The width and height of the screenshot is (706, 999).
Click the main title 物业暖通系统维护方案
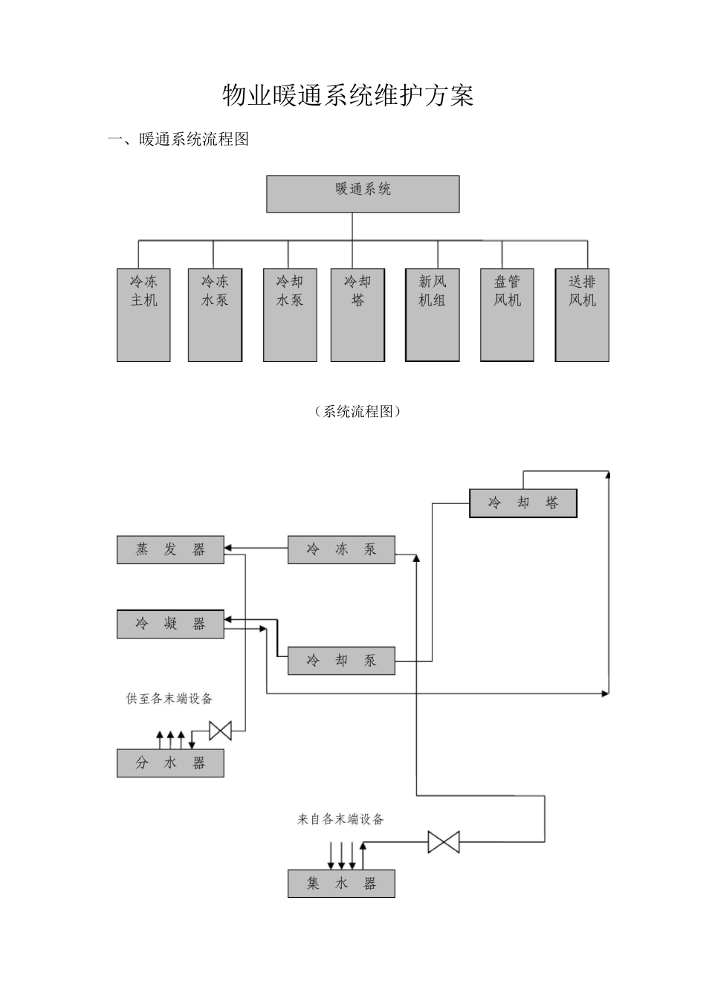348,96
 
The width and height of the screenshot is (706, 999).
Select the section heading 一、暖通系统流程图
178,139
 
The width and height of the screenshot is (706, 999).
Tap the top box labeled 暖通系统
363,193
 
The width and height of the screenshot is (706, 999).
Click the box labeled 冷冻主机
143,315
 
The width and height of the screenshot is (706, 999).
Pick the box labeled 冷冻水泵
215,315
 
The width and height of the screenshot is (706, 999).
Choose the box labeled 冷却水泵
290,315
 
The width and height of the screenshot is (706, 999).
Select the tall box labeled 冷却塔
357,315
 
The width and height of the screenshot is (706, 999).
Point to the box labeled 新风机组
433,315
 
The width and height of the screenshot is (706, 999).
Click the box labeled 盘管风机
508,315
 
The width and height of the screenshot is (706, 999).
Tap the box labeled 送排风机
582,315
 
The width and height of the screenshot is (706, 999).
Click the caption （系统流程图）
357,412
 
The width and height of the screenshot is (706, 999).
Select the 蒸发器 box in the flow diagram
170,549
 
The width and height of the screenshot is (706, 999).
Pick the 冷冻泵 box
341,549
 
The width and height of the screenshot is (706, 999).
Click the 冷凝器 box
170,624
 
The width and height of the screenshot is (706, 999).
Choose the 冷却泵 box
341,660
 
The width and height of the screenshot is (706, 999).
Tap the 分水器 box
170,763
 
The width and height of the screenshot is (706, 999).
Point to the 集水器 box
341,883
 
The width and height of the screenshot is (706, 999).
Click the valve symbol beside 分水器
220,731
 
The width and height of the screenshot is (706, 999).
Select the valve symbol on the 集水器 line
444,842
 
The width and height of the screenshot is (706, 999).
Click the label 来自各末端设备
340,819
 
